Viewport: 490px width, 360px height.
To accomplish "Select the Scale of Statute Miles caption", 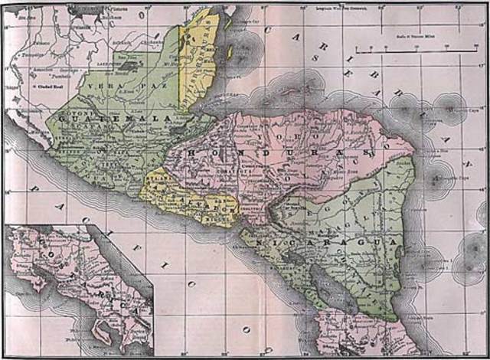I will (417, 34).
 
